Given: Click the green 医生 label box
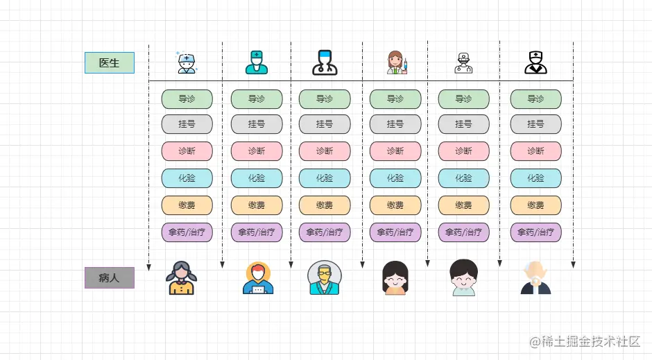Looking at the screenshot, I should (x=109, y=63).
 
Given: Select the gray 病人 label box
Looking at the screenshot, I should (x=109, y=278).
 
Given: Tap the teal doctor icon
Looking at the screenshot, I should (x=256, y=62).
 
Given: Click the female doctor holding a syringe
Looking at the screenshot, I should (x=396, y=62).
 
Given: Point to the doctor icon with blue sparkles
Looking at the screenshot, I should (x=187, y=62).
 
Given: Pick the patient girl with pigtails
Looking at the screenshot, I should (x=181, y=277).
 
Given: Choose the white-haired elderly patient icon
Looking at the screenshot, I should (x=535, y=277).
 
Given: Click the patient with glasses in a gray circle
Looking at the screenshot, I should (x=324, y=277).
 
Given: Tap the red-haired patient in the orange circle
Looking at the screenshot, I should (x=257, y=277).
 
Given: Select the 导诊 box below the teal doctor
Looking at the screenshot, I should (x=257, y=99).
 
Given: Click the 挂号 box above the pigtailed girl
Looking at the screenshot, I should (x=187, y=124).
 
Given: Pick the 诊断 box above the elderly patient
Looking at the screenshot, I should (x=536, y=151).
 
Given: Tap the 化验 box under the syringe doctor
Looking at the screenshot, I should (x=395, y=178).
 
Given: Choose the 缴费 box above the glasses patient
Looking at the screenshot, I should (x=325, y=205).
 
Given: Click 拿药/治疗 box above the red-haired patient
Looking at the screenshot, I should (x=257, y=232).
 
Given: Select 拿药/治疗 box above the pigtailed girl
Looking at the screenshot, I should (x=187, y=232).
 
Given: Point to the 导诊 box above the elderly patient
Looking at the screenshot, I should (x=536, y=99).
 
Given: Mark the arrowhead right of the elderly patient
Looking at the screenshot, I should (x=573, y=264).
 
